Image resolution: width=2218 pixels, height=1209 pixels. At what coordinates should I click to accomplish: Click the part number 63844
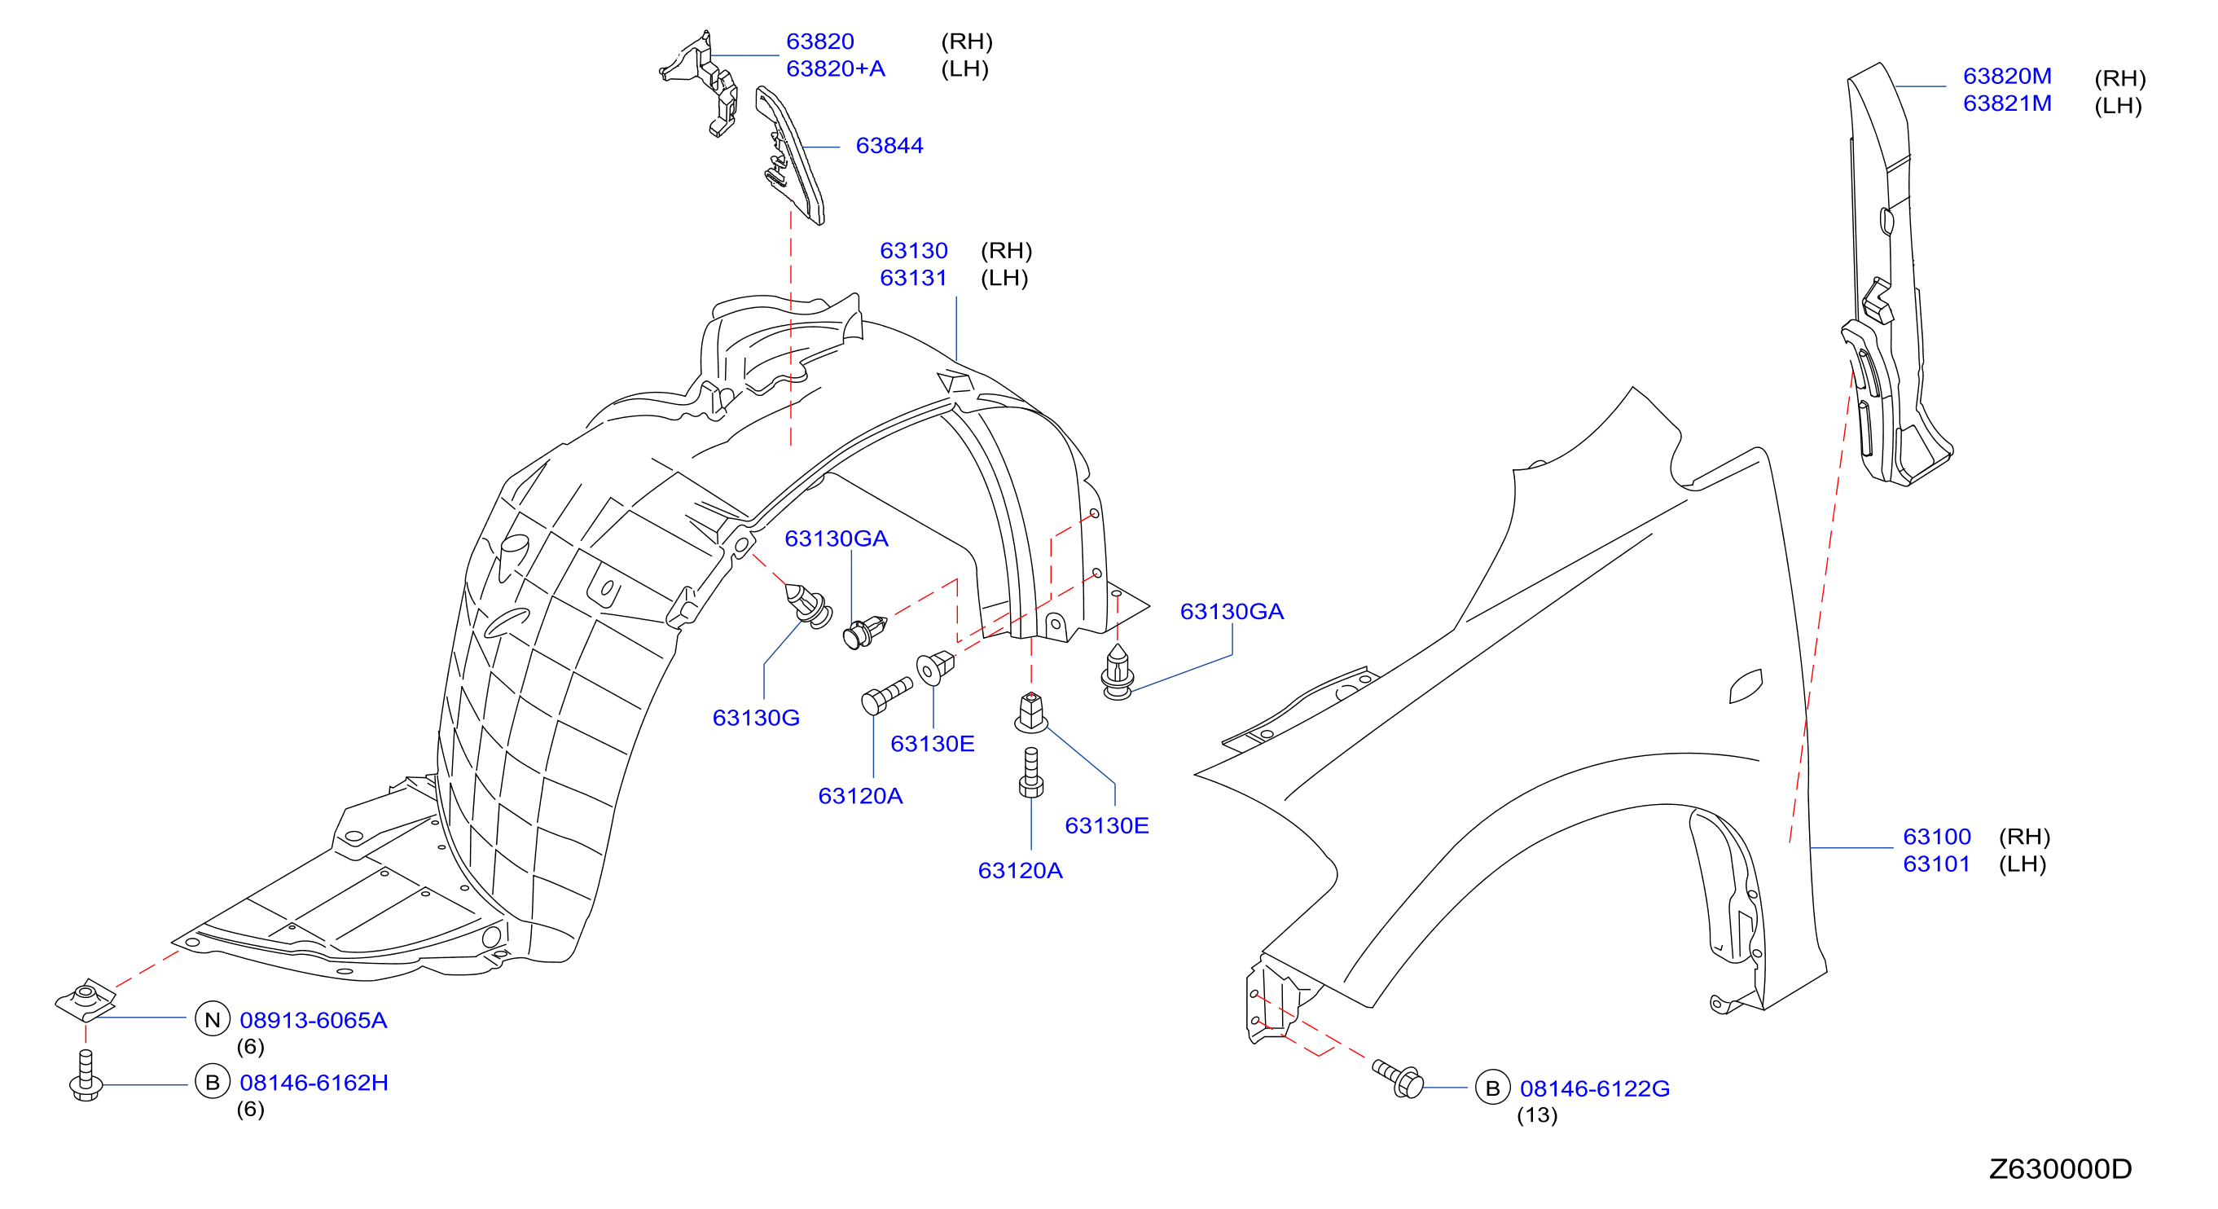pyautogui.click(x=889, y=146)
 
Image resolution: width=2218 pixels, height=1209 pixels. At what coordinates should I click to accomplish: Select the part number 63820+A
pyautogui.click(x=835, y=69)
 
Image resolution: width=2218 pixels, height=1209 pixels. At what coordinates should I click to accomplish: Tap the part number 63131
pyautogui.click(x=914, y=278)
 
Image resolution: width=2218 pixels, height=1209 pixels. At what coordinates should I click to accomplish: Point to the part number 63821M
pyautogui.click(x=2007, y=103)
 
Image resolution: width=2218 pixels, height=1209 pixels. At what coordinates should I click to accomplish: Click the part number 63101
pyautogui.click(x=1936, y=864)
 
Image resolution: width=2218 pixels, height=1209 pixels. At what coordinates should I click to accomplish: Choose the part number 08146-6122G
pyautogui.click(x=1595, y=1088)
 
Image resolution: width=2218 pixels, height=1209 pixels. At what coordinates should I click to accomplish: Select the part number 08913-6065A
pyautogui.click(x=314, y=1021)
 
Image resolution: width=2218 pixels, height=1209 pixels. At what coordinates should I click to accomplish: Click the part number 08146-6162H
pyautogui.click(x=314, y=1083)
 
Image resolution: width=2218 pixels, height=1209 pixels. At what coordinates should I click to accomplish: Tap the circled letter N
pyautogui.click(x=213, y=1019)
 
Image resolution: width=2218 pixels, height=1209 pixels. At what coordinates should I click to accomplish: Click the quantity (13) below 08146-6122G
pyautogui.click(x=1537, y=1115)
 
